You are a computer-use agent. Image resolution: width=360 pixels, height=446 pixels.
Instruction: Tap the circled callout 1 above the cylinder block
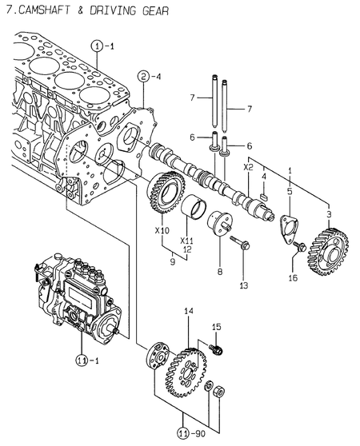(97, 46)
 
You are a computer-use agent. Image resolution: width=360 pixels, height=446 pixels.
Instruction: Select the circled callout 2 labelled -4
(144, 77)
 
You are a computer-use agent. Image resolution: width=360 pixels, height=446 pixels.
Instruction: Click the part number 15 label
(216, 327)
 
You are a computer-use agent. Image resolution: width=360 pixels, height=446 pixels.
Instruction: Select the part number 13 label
(244, 285)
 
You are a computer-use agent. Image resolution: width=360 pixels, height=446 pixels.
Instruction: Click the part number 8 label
(221, 272)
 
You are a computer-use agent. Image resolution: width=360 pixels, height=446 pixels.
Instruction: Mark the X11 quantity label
(187, 240)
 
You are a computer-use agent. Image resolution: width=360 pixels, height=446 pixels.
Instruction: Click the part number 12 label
(187, 250)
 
